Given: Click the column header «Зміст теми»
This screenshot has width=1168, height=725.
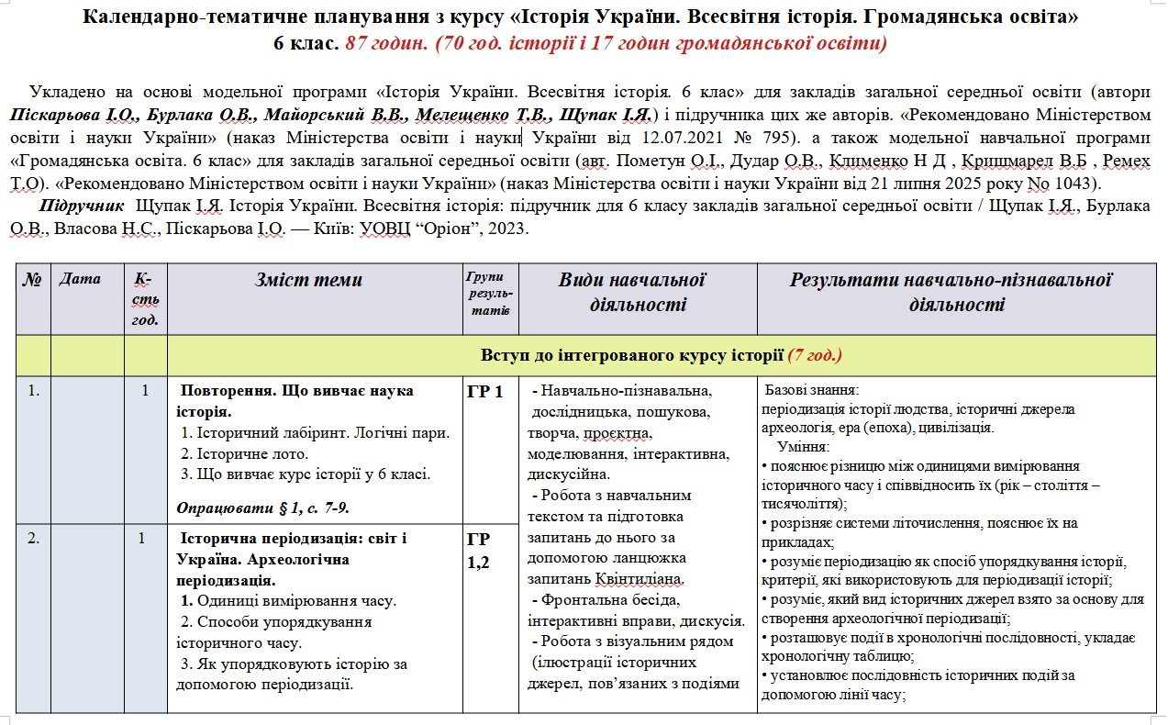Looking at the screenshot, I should click(x=308, y=280).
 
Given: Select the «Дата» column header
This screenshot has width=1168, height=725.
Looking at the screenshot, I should click(x=79, y=278).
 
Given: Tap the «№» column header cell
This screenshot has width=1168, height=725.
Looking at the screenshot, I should click(x=32, y=279).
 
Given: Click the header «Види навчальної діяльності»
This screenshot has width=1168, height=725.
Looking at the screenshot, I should click(x=631, y=292).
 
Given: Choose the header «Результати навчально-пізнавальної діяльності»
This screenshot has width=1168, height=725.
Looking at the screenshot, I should click(x=951, y=292).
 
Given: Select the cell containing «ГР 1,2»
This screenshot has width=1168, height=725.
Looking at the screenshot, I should click(x=480, y=550).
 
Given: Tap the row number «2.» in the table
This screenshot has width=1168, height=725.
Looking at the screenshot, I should click(x=33, y=539).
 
